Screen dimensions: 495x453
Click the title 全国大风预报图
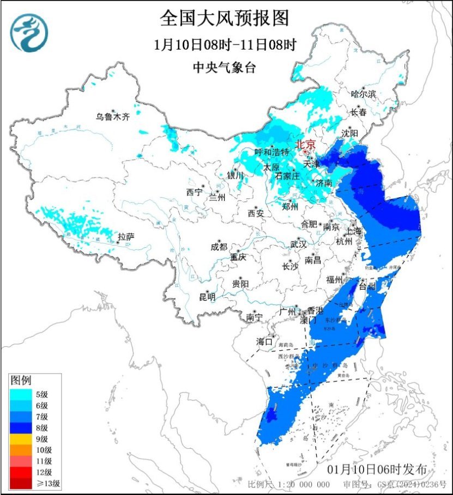224,19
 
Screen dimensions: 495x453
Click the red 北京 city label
305,144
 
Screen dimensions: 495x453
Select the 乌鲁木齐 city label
113,117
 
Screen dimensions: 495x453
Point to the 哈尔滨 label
363,94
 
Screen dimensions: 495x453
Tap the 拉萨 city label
125,236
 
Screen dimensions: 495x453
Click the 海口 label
264,341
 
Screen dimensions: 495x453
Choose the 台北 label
369,286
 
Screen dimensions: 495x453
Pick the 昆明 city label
207,297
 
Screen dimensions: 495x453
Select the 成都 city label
219,246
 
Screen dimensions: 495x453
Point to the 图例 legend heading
22,380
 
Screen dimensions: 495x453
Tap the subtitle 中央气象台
224,68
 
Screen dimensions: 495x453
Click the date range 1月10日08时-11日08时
224,45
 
